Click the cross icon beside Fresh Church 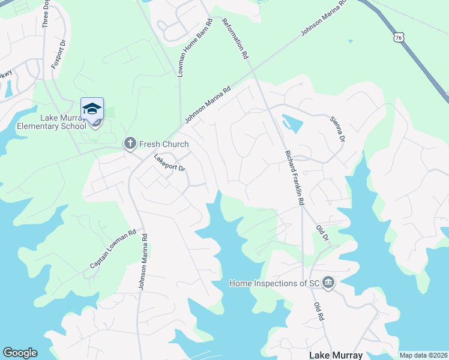click(x=129, y=143)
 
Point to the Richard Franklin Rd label click(x=294, y=178)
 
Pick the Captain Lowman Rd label click(x=113, y=249)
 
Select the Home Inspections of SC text click(x=274, y=283)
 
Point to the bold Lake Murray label click(x=336, y=355)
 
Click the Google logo click(x=20, y=353)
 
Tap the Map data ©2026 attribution click(x=423, y=355)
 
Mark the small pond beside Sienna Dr click(x=292, y=124)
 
